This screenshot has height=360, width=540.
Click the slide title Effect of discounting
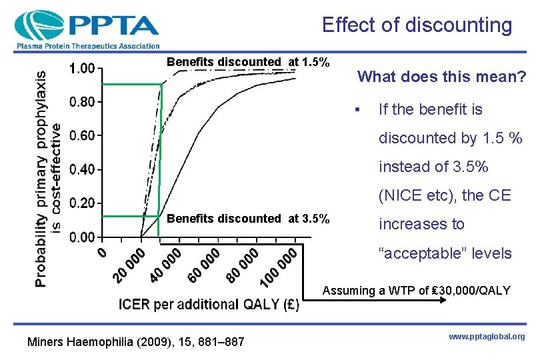pos(417,25)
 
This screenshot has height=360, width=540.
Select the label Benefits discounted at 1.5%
pos(248,62)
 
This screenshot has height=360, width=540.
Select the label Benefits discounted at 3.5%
pos(248,219)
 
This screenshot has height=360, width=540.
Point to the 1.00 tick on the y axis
pos(82,68)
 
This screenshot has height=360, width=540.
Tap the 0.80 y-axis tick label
pos(82,102)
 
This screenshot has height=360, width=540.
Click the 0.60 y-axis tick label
pos(82,135)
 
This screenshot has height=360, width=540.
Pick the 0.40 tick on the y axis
pos(82,169)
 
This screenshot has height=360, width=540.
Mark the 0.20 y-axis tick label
pos(82,203)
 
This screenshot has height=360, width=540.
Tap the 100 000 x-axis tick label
pos(279,268)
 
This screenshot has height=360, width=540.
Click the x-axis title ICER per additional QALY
pos(209,305)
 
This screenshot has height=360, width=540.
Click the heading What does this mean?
pos(441,77)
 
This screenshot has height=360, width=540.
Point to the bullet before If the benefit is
pos(359,109)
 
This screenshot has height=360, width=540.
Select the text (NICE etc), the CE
pos(445,195)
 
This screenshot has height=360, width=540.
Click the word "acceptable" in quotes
pos(445,253)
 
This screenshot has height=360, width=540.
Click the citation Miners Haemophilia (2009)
pos(135,342)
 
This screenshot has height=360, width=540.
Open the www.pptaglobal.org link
pos(486,337)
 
